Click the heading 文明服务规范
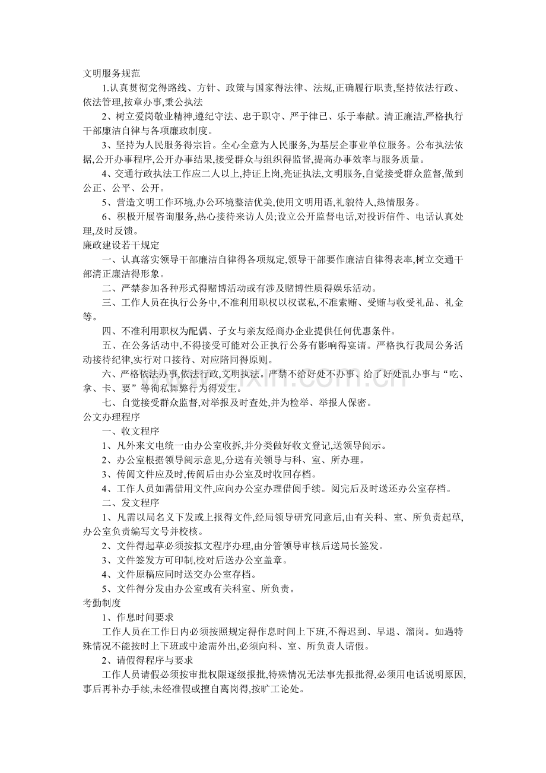[111, 74]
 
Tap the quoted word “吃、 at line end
[450, 374]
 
